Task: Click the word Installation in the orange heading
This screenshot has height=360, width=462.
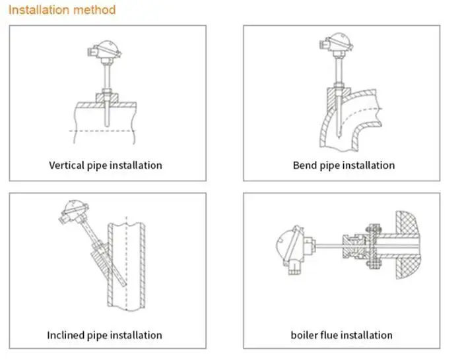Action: (39, 10)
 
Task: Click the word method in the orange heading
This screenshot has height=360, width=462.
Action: (94, 10)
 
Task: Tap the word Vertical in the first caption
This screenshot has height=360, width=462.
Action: (67, 165)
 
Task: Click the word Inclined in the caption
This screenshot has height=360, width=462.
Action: (65, 335)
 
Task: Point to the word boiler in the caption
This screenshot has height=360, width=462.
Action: (304, 335)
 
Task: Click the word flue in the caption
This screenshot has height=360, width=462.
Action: (329, 335)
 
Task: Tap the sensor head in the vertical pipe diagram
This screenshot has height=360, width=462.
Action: (105, 51)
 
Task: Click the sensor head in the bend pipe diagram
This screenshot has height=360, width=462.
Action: (337, 44)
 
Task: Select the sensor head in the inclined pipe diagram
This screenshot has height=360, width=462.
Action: (74, 212)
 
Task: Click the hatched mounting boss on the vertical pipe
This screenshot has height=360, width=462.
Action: (107, 98)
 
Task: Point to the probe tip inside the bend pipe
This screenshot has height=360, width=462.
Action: (339, 136)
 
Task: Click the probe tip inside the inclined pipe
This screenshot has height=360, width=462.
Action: (124, 284)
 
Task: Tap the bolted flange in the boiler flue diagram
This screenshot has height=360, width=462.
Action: (374, 246)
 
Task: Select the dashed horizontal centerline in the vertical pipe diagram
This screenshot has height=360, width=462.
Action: (102, 131)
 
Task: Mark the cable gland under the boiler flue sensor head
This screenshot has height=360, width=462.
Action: (294, 268)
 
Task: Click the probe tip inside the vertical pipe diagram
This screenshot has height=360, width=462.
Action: (106, 125)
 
